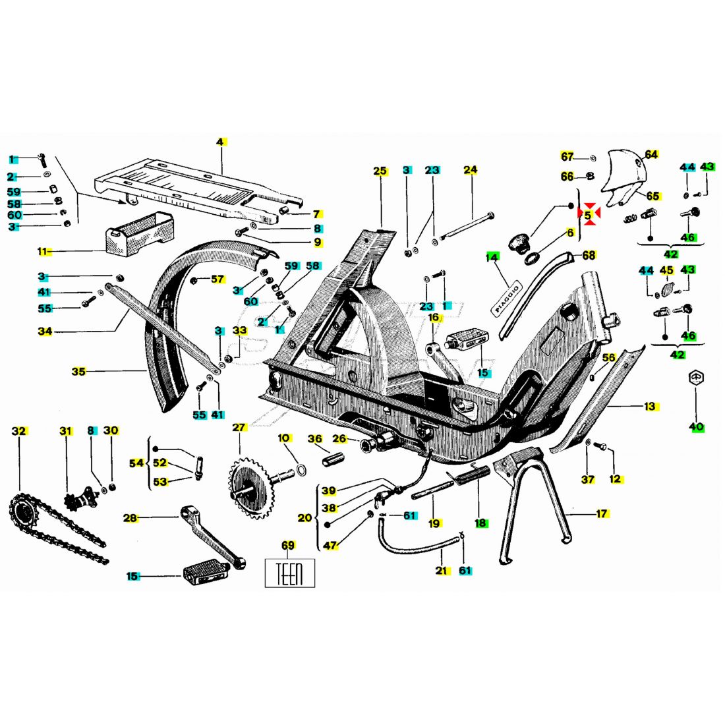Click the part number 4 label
(221, 142)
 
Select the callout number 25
(380, 171)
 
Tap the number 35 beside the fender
(78, 372)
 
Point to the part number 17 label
(602, 513)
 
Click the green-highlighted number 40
(697, 427)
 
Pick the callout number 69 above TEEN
(288, 546)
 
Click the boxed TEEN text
(290, 573)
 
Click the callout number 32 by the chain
(19, 432)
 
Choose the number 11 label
(43, 252)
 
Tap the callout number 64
(651, 154)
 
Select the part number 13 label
(650, 407)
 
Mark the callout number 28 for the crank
(130, 518)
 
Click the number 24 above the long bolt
(470, 170)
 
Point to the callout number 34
(45, 332)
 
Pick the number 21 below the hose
(442, 571)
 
